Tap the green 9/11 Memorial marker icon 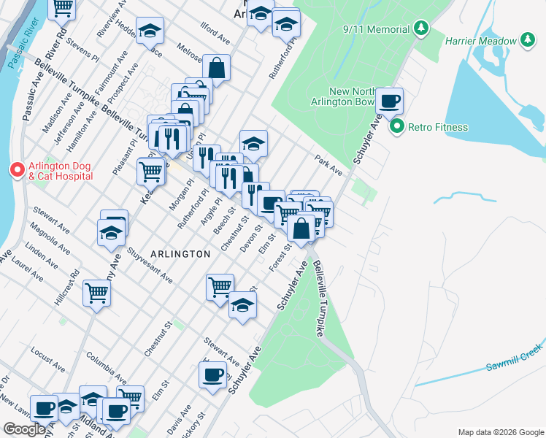point(420,28)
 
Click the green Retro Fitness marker point(397,127)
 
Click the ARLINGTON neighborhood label point(180,253)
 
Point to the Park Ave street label point(328,164)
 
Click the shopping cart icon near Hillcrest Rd point(96,293)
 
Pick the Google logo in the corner point(24,429)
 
